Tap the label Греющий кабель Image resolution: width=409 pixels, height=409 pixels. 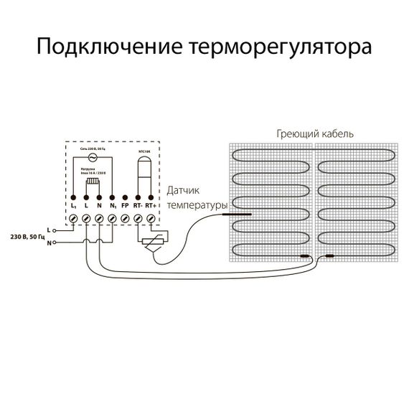(314, 134)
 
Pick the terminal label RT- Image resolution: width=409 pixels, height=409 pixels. (137, 206)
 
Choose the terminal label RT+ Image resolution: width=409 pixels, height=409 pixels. (150, 206)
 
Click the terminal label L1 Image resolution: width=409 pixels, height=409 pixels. (73, 207)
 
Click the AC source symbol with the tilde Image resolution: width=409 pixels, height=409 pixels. (92, 158)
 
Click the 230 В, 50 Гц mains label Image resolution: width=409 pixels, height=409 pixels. (27, 235)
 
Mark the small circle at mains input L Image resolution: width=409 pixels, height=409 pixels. (55, 230)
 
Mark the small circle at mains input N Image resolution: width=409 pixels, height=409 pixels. (55, 243)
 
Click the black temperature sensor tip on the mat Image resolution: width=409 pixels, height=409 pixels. (235, 213)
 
